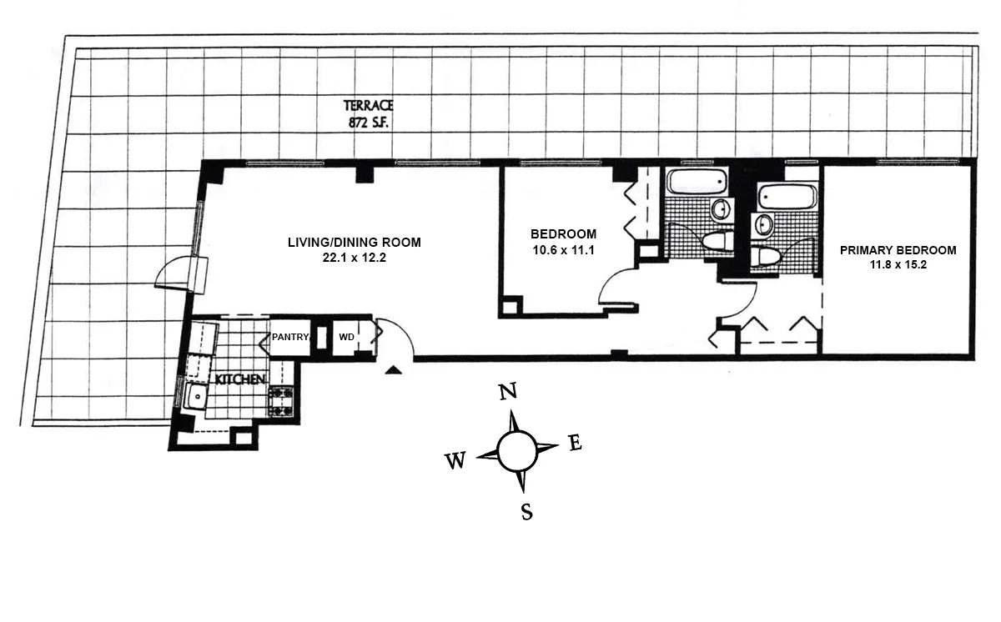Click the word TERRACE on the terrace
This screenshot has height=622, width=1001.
(368, 106)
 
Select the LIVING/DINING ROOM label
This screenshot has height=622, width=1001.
(354, 243)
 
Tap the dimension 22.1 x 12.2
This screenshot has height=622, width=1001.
(354, 258)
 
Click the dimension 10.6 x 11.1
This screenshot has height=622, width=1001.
(563, 248)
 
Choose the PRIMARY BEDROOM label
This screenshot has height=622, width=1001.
(898, 249)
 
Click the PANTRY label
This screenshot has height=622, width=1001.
(289, 338)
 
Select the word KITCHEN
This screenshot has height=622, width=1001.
(240, 379)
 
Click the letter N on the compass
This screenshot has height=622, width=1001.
(507, 391)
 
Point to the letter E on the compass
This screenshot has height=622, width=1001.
(575, 444)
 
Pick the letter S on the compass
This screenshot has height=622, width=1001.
(526, 511)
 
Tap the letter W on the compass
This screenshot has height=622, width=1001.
(455, 460)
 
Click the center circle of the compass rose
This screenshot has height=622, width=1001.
(517, 451)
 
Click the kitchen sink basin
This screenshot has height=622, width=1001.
(196, 398)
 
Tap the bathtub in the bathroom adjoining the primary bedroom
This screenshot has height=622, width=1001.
(787, 198)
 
